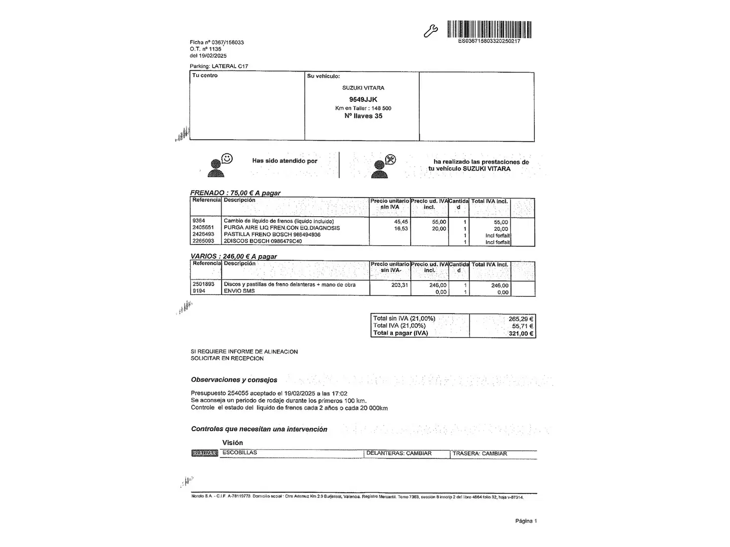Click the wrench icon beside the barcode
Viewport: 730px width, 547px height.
(430, 31)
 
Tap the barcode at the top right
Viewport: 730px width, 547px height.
(489, 29)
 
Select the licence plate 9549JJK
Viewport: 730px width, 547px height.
(363, 99)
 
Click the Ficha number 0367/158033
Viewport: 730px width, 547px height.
(217, 43)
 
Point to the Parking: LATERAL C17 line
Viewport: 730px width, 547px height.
(219, 66)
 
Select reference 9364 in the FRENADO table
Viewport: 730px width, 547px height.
(199, 221)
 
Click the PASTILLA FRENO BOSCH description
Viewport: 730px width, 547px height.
(272, 235)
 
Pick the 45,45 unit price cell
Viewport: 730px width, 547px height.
(401, 222)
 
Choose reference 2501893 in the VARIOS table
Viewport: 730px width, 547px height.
(203, 284)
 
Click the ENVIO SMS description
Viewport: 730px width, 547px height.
(239, 291)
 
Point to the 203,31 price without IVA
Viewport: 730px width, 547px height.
(399, 285)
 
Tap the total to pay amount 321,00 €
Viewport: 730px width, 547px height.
(521, 333)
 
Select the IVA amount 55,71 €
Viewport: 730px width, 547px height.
(522, 326)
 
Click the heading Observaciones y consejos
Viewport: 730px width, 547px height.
(234, 380)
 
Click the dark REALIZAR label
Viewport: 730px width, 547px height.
(205, 453)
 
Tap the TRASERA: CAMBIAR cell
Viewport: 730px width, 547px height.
(480, 454)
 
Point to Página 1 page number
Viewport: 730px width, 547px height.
(526, 521)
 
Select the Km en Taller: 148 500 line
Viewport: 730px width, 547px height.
(363, 108)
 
